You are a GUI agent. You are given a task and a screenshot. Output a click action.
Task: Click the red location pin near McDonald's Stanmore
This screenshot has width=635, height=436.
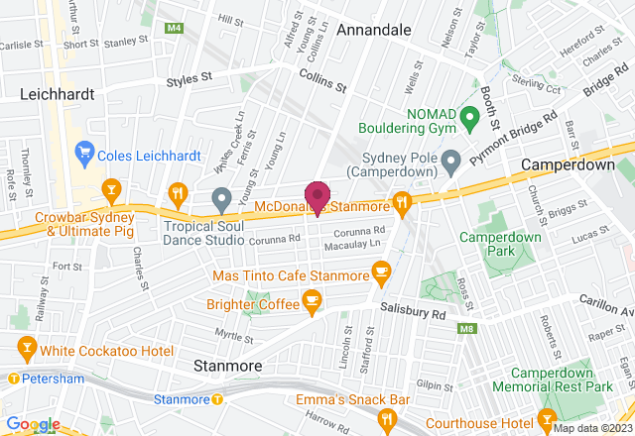coord(317,196)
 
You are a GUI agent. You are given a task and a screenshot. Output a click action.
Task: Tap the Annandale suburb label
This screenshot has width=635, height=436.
coord(374,31)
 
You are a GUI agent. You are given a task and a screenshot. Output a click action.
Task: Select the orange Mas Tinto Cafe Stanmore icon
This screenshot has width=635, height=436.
coord(380,271)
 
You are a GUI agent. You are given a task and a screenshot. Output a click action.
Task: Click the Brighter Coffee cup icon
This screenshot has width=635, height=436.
coord(312,301)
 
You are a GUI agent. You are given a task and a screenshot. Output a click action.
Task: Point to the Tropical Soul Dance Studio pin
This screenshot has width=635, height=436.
coord(222,201)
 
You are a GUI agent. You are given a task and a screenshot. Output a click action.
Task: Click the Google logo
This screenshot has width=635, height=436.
coord(31,424)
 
